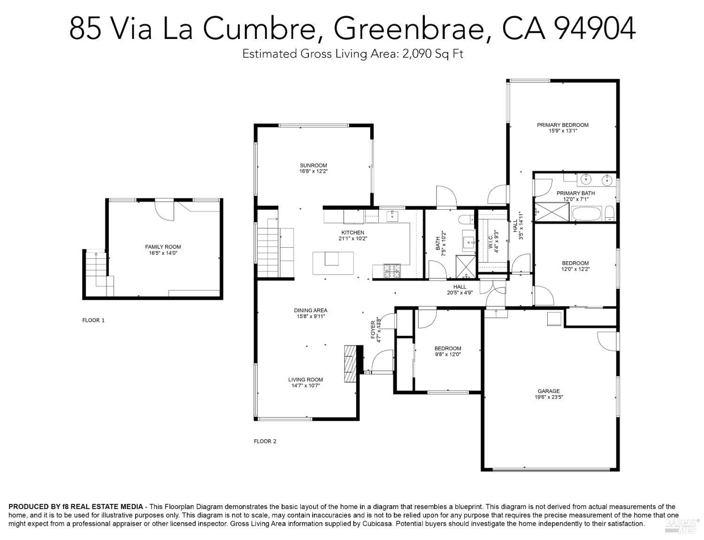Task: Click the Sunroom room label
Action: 313,165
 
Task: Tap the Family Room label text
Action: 163,247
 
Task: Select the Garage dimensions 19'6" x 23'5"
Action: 549,397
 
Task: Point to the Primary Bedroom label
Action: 563,125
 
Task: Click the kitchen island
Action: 333,263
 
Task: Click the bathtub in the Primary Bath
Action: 587,214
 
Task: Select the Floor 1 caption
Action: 93,320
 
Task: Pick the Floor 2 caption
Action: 265,441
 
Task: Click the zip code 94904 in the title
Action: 595,28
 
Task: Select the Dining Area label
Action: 311,310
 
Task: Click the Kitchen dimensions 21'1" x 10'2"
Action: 352,238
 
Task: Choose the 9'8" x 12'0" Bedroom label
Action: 447,351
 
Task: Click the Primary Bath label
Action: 575,193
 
